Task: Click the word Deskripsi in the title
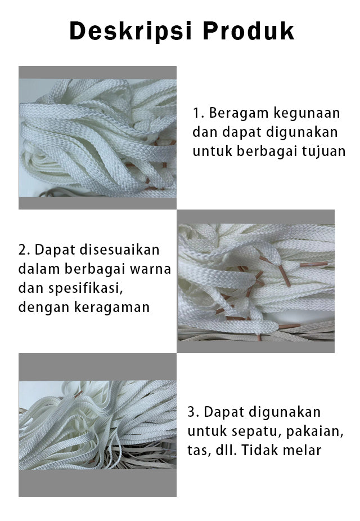pyautogui.click(x=131, y=32)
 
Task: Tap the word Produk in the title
pyautogui.click(x=249, y=31)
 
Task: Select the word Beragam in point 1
pyautogui.click(x=237, y=114)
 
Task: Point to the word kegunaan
pyautogui.click(x=307, y=114)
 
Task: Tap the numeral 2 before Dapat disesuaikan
pyautogui.click(x=22, y=250)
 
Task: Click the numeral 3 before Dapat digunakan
pyautogui.click(x=191, y=412)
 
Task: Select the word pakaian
pyautogui.click(x=314, y=431)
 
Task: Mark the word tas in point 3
pyautogui.click(x=199, y=451)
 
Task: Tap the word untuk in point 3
pyautogui.click(x=207, y=431)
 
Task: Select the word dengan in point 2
pyautogui.click(x=44, y=308)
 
